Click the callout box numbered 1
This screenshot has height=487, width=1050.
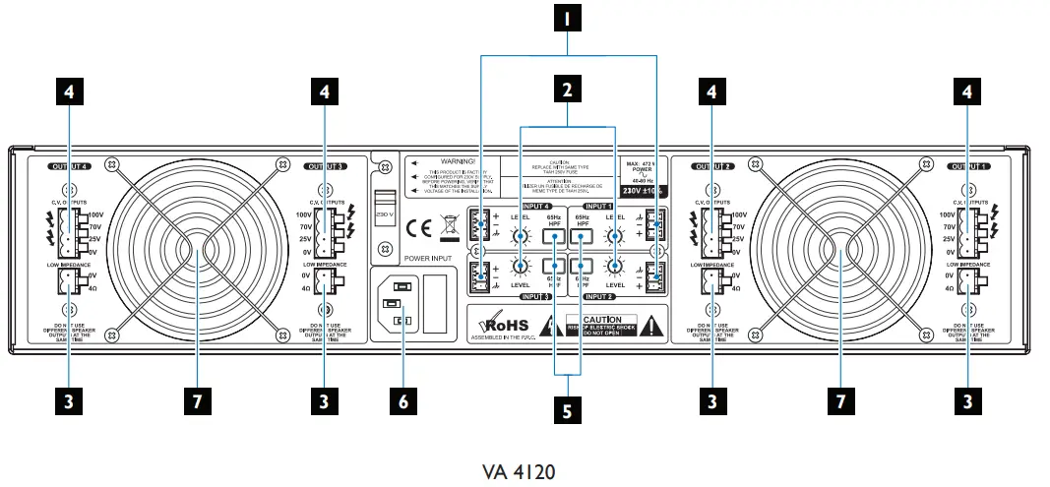coord(567,17)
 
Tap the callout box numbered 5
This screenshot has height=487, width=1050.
coord(567,411)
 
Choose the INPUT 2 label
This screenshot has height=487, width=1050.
coord(600,295)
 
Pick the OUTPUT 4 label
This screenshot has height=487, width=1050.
coord(67,167)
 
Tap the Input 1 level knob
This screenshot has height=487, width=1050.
coord(618,236)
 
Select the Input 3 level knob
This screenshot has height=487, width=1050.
coord(521,267)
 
